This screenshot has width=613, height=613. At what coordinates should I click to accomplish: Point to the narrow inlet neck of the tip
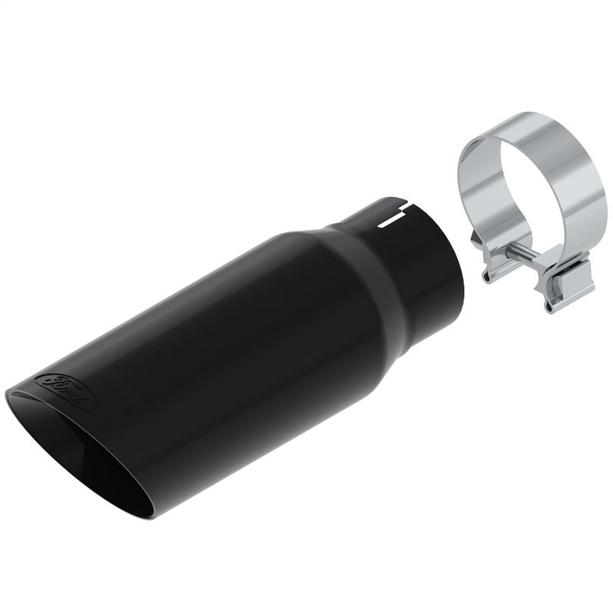[x=406, y=253]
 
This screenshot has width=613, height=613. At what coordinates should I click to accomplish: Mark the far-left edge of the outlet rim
[x=8, y=395]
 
